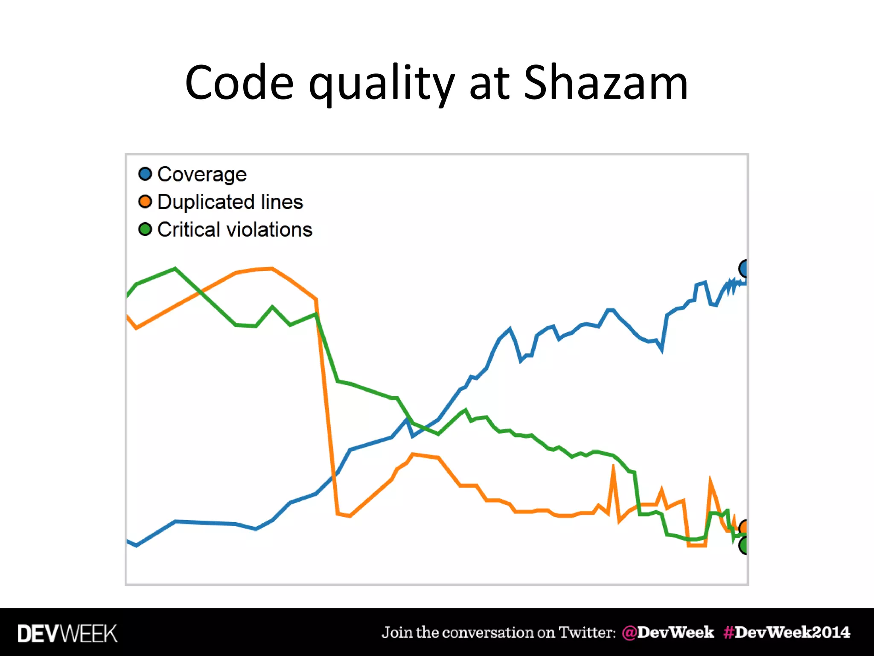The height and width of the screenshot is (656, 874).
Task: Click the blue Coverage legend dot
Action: coord(145,174)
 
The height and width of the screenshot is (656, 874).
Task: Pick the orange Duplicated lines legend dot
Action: coord(145,202)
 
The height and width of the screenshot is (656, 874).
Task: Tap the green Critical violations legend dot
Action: coord(145,229)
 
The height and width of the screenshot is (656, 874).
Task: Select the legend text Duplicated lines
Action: coord(230,202)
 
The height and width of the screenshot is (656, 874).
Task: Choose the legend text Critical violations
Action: coord(235,230)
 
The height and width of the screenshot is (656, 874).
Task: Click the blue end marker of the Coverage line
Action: coord(743,269)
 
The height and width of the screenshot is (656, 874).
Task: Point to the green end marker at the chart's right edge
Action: coord(744,545)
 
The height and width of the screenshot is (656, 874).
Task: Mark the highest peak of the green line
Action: coord(175,269)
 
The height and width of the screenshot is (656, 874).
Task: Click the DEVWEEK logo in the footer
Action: coord(67,633)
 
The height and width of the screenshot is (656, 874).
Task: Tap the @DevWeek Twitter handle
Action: coord(668,633)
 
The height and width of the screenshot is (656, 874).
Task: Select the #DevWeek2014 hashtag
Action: coord(787,633)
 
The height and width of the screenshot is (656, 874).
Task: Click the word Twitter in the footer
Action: coord(587,633)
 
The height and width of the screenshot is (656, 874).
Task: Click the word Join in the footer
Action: coord(397,633)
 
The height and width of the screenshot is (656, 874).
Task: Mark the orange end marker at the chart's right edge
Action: coord(743,527)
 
